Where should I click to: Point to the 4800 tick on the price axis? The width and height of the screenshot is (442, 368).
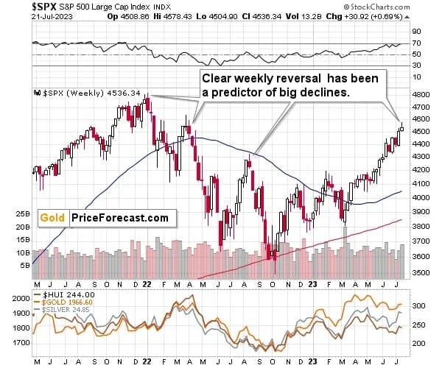point(421,95)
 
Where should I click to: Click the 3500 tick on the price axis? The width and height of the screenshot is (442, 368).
point(421,272)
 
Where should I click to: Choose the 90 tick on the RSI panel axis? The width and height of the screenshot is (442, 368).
point(417,32)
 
